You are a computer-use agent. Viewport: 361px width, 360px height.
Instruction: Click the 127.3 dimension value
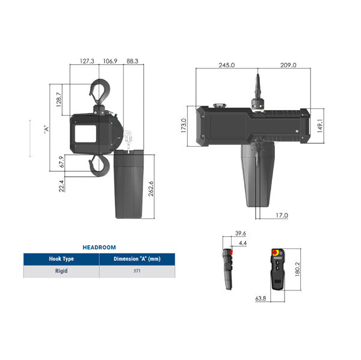(x=87, y=61)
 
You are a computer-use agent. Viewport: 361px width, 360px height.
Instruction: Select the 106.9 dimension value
(x=110, y=61)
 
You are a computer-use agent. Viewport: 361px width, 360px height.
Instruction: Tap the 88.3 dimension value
(x=132, y=61)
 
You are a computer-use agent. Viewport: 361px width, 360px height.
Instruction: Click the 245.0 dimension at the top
(x=227, y=64)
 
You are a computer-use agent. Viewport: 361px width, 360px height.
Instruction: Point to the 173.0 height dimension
(x=184, y=127)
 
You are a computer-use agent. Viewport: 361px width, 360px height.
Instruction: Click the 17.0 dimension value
(x=281, y=215)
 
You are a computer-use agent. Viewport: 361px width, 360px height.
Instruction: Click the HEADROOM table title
(x=99, y=247)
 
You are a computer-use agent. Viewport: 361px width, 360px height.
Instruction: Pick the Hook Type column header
(x=61, y=259)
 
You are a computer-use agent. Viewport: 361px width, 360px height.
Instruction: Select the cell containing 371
(x=137, y=272)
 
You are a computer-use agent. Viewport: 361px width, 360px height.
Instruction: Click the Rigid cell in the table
(x=61, y=272)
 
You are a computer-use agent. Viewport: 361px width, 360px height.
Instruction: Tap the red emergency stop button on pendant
(x=276, y=254)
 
